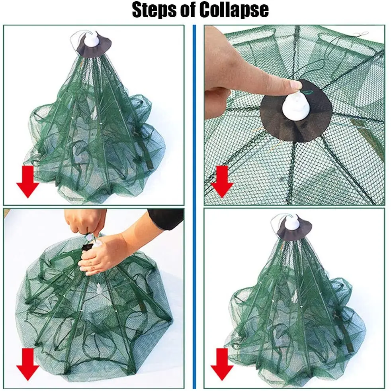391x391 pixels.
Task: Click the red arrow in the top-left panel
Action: [x=28, y=181]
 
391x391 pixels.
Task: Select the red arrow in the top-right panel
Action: [x=222, y=181]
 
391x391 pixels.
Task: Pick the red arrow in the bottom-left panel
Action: [x=28, y=364]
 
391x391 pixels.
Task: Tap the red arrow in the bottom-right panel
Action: [x=222, y=364]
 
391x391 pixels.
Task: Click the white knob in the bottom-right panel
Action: [x=292, y=222]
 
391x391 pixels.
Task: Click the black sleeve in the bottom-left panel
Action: [x=166, y=218]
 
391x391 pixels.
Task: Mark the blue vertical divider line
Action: [x=194, y=207]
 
